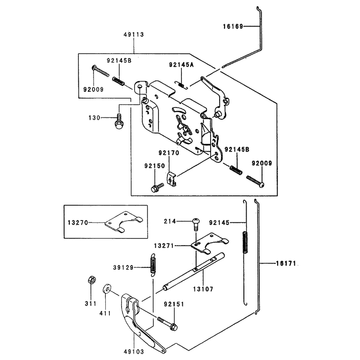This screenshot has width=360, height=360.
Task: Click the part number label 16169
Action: pos(233,27)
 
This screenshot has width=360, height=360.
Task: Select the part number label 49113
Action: pos(134,35)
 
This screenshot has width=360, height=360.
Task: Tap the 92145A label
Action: pos(181,65)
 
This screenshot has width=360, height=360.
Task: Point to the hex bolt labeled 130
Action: pos(119,121)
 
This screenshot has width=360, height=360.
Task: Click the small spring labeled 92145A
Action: pos(182,85)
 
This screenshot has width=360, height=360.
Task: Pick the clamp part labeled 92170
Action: pos(171,179)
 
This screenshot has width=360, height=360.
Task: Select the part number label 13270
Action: pos(78,222)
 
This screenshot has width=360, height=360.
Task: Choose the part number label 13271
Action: pos(164,246)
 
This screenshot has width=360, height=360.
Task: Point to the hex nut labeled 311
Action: pos(92,280)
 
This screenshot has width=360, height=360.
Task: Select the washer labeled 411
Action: pos(107,288)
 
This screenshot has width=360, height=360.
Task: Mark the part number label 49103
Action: pos(134,351)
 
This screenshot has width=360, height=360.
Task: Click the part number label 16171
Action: pos(286,263)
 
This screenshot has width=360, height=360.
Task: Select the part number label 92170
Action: pos(169,153)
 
